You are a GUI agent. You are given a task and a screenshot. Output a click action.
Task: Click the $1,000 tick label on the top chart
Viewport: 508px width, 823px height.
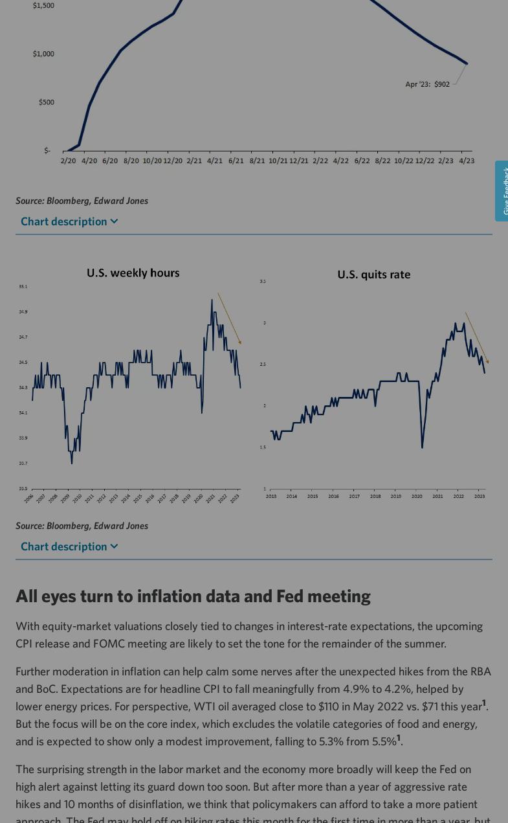pyautogui.click(x=43, y=54)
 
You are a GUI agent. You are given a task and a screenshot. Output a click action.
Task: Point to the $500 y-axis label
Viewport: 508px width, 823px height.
pyautogui.click(x=46, y=102)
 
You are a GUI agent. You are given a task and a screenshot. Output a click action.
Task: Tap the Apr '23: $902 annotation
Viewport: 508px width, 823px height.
pyautogui.click(x=427, y=84)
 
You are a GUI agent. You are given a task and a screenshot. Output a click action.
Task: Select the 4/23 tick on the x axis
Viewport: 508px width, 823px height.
pyautogui.click(x=467, y=161)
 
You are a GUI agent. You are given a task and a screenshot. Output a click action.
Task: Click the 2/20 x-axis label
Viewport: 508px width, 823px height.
pyautogui.click(x=68, y=161)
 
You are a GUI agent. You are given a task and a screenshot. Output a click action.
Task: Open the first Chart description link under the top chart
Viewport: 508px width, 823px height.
pyautogui.click(x=69, y=221)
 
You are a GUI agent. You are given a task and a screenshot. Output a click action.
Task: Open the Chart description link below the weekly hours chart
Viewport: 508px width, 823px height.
pyautogui.click(x=69, y=547)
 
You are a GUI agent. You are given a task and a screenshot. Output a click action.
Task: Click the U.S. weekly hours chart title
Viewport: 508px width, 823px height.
pyautogui.click(x=133, y=273)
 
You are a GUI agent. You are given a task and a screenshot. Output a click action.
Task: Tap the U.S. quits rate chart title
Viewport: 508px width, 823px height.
pyautogui.click(x=373, y=275)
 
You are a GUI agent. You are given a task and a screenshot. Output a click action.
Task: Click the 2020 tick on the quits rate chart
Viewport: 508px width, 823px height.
pyautogui.click(x=417, y=497)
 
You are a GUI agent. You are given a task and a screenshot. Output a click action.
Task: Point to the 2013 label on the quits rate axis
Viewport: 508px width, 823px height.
pyautogui.click(x=271, y=497)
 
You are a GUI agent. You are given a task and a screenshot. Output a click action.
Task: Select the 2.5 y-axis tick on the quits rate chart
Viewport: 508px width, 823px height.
pyautogui.click(x=263, y=365)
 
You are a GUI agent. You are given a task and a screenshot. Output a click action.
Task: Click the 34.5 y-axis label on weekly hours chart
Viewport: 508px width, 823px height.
pyautogui.click(x=23, y=363)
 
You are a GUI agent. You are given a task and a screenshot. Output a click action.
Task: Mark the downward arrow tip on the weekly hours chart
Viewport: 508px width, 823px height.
pyautogui.click(x=240, y=343)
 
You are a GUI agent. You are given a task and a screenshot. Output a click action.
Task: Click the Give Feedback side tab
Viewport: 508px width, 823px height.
pyautogui.click(x=502, y=191)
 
